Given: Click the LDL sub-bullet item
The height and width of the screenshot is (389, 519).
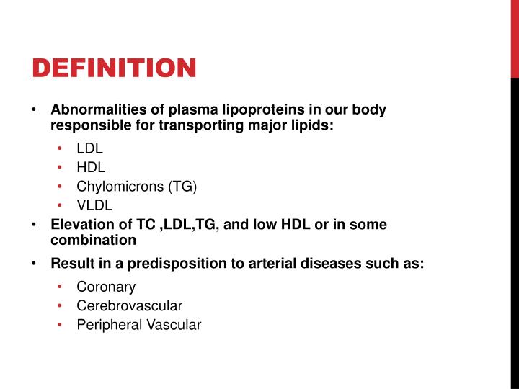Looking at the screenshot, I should click(89, 149).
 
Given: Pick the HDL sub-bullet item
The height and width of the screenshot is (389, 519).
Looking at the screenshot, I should click(90, 167).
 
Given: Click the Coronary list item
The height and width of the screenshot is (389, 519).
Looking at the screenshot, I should click(106, 287).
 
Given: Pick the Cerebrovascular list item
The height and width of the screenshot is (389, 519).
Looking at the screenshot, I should click(129, 305).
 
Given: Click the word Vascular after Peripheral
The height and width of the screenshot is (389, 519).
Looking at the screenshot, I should click(174, 325).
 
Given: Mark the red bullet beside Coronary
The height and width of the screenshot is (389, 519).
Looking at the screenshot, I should click(61, 287).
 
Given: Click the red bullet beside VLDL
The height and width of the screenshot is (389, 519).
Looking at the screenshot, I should click(61, 205).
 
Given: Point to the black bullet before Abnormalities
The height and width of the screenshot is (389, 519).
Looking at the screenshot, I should click(34, 110).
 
